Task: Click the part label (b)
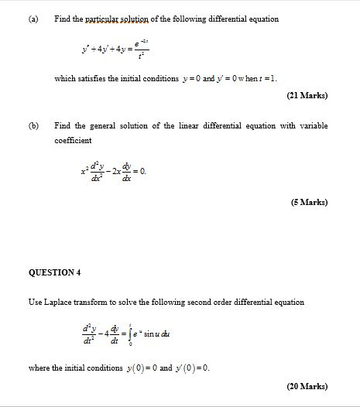[x=33, y=125]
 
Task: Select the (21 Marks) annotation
[x=307, y=96]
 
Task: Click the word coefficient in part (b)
[x=73, y=140]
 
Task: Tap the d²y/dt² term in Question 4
[x=89, y=334]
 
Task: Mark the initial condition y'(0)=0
[x=191, y=368]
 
